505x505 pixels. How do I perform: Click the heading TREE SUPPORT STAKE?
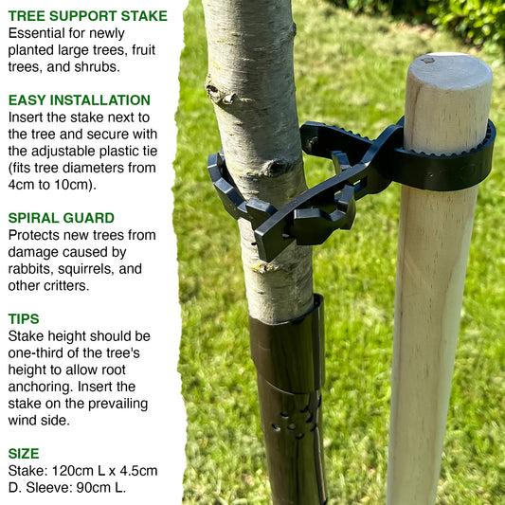(x=88, y=16)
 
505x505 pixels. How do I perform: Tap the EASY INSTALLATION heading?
(x=80, y=100)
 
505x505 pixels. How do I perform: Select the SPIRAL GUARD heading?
(x=62, y=218)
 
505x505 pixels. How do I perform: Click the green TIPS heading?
(x=24, y=319)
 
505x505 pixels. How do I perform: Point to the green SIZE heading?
(x=24, y=454)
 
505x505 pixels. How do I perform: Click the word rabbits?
(x=29, y=268)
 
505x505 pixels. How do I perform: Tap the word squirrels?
(x=86, y=268)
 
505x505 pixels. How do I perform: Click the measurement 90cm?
(x=92, y=487)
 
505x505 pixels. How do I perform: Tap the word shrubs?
(x=96, y=66)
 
